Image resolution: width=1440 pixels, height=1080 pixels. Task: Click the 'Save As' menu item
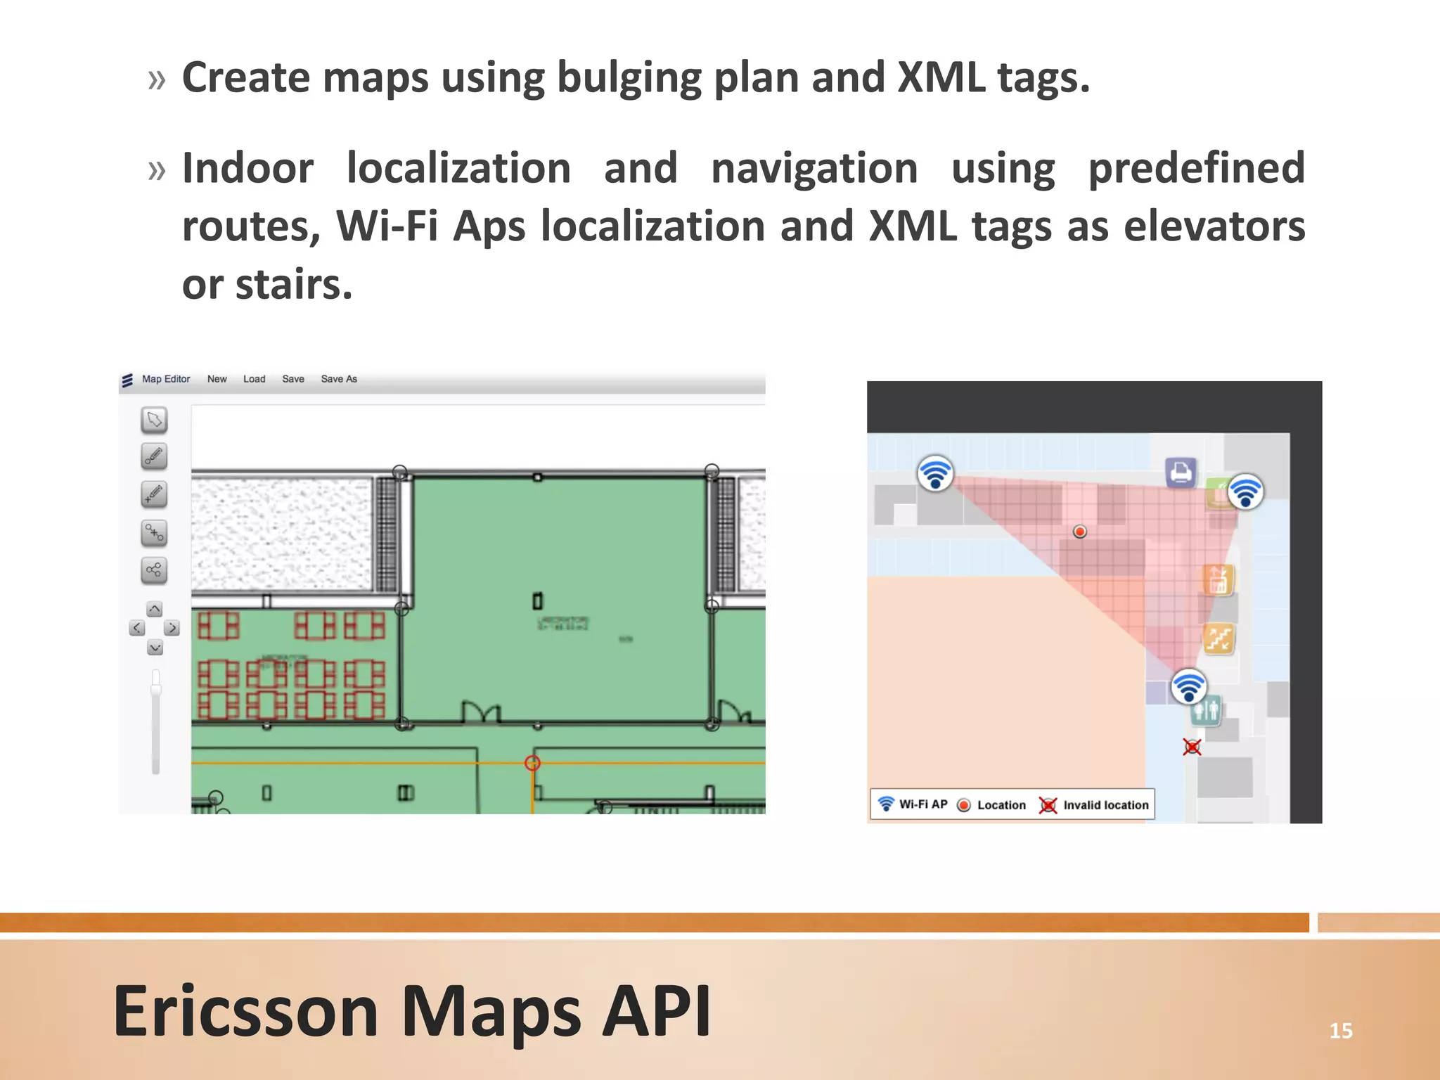coord(339,379)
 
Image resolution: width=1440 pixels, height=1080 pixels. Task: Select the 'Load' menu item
coord(254,379)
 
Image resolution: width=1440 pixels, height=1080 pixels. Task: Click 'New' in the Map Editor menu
coord(217,379)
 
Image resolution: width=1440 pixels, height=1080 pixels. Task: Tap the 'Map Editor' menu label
coord(166,379)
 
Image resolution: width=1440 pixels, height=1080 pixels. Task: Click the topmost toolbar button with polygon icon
coord(154,420)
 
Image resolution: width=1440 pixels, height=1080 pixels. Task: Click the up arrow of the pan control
coord(155,609)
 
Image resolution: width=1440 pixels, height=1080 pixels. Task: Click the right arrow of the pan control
coord(172,628)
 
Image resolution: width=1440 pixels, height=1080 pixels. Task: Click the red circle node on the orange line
coord(533,763)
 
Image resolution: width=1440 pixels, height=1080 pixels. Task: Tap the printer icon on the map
coord(1181,472)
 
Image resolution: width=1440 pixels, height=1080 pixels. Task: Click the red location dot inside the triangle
coord(1080,532)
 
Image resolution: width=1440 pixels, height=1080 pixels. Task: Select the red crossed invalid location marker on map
coord(1192,747)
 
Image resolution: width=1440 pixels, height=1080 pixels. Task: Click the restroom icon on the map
coord(1207,712)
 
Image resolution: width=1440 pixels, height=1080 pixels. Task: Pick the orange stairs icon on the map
coord(1219,639)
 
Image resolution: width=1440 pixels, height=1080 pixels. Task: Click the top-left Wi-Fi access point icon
coord(935,473)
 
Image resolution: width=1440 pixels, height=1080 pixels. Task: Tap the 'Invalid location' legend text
coord(1105,805)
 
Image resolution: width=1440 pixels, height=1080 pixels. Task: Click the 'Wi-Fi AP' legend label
coord(923,804)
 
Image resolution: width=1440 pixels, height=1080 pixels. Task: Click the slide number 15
coord(1340,1031)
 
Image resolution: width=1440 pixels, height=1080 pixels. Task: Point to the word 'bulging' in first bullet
coord(629,78)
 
